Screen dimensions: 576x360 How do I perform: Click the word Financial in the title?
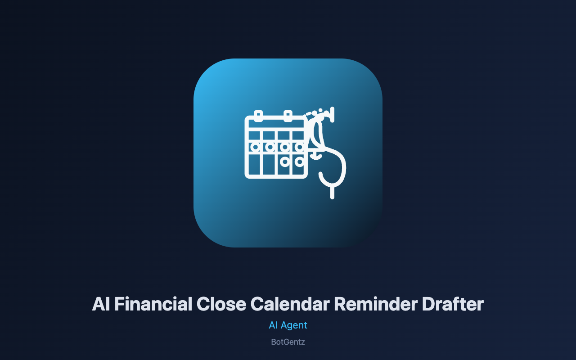(153, 304)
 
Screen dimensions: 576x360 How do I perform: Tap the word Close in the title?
(221, 304)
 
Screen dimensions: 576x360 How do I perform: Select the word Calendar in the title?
(290, 304)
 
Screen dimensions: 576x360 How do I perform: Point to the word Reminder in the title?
(376, 304)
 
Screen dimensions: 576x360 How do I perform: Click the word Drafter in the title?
(453, 304)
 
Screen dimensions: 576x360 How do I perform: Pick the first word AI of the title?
(101, 304)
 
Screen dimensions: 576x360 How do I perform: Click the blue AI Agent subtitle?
(288, 325)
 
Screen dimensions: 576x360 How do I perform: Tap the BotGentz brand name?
(288, 342)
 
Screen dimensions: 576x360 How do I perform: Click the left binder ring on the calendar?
(258, 116)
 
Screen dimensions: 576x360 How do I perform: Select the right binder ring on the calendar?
(288, 116)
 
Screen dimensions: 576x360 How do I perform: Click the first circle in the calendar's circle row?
(255, 147)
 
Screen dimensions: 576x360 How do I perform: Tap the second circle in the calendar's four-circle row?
(270, 147)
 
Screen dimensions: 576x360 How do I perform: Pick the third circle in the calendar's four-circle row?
(285, 147)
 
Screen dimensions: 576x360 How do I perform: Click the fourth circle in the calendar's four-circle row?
(299, 147)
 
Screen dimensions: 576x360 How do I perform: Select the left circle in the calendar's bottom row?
(285, 162)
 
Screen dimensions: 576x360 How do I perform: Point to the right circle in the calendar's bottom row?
(299, 162)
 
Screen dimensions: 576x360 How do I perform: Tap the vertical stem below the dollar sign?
(332, 192)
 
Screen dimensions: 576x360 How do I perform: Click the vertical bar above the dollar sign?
(332, 115)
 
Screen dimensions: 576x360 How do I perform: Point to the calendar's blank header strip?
(276, 124)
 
